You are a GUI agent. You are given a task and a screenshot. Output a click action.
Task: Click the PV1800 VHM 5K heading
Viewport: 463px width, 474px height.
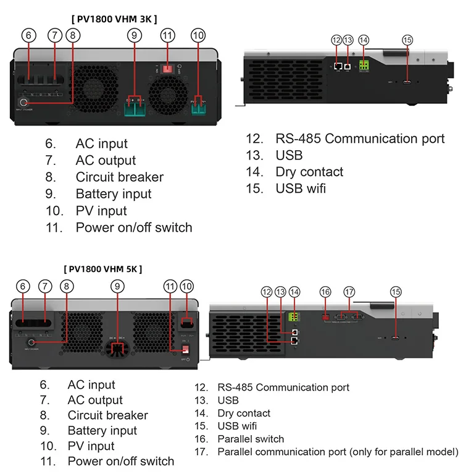click(x=103, y=269)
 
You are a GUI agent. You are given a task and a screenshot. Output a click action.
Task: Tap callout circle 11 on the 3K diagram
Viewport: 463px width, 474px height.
click(x=167, y=36)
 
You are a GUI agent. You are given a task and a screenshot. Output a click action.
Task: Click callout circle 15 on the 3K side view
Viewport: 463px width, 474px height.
click(x=407, y=40)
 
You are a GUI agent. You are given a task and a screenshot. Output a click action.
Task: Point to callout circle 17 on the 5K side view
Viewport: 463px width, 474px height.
click(x=350, y=292)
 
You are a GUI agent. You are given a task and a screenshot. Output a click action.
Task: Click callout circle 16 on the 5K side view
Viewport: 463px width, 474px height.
click(x=325, y=292)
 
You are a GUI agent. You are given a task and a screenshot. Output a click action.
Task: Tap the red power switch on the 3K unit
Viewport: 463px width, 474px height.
click(x=167, y=66)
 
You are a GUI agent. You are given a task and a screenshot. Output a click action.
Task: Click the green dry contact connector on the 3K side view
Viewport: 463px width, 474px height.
click(x=364, y=65)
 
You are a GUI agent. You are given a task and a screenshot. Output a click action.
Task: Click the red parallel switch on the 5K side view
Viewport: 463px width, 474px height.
click(x=325, y=318)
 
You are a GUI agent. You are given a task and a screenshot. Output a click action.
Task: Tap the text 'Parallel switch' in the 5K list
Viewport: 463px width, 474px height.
click(x=251, y=439)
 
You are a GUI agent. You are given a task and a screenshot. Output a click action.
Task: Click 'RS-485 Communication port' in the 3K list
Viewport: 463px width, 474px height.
click(x=360, y=138)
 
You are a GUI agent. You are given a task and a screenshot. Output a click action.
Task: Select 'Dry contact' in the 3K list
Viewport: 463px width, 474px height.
click(x=309, y=172)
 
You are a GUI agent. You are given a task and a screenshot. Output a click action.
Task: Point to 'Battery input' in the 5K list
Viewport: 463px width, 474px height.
click(x=102, y=431)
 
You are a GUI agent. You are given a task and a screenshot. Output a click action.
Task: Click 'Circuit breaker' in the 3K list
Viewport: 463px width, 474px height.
click(x=119, y=177)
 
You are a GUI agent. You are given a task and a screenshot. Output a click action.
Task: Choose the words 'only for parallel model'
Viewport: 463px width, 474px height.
click(x=404, y=452)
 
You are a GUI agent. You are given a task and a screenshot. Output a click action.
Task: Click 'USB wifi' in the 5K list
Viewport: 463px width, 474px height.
click(x=237, y=426)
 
